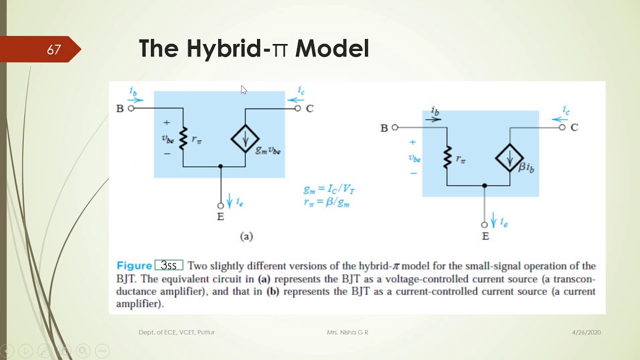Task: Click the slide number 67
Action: (x=53, y=50)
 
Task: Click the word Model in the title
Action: (x=332, y=49)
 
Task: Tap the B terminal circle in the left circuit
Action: (x=131, y=108)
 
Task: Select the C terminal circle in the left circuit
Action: (x=298, y=108)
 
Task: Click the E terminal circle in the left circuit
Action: (x=220, y=205)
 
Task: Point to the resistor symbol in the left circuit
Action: (x=183, y=138)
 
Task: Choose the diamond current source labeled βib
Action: (x=509, y=157)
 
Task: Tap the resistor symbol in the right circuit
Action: (x=447, y=157)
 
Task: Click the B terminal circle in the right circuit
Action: (x=395, y=127)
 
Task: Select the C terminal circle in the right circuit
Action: (x=562, y=127)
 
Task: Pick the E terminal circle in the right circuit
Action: (x=484, y=225)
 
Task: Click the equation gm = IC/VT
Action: (x=329, y=190)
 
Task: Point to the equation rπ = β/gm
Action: (x=326, y=202)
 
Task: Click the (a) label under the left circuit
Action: (x=246, y=236)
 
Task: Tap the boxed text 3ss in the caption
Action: (x=169, y=265)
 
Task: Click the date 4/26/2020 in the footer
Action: (x=586, y=332)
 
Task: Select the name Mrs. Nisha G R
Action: (x=347, y=332)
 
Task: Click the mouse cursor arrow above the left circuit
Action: (x=243, y=90)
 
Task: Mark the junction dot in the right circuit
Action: (x=484, y=185)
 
